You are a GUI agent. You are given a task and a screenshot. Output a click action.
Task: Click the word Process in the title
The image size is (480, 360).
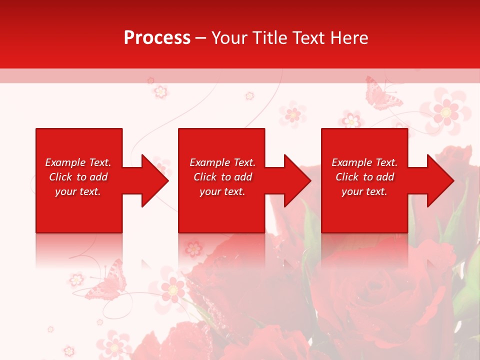pyautogui.click(x=157, y=38)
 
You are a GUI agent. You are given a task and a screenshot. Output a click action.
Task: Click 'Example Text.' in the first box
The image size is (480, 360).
pyautogui.click(x=78, y=162)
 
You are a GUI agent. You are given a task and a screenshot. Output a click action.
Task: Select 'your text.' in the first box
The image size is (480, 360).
pyautogui.click(x=78, y=191)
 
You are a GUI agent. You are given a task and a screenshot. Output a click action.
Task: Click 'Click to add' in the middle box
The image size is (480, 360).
pyautogui.click(x=222, y=177)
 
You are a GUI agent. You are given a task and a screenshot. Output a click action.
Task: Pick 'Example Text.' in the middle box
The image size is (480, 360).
pyautogui.click(x=222, y=162)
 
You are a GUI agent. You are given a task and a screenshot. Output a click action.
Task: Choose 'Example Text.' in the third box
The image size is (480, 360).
pyautogui.click(x=364, y=162)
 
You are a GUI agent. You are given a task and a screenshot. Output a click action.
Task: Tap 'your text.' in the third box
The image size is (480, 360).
pyautogui.click(x=364, y=191)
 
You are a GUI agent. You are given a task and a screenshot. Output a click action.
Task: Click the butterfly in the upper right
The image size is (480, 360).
pyautogui.click(x=382, y=93)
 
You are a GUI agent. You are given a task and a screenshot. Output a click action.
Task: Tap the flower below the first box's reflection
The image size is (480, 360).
pyautogui.click(x=76, y=279)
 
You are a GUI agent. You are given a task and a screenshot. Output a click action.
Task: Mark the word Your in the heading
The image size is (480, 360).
pyautogui.click(x=228, y=38)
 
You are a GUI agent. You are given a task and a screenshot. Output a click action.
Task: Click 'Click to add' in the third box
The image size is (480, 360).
pyautogui.click(x=364, y=177)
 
